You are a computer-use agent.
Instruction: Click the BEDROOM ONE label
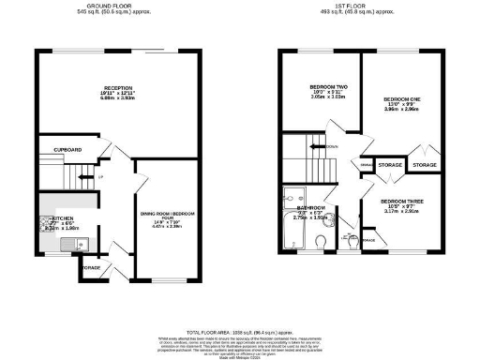click(402, 97)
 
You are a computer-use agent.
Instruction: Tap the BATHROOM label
click(310, 207)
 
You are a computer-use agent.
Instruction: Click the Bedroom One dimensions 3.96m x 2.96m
click(402, 109)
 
